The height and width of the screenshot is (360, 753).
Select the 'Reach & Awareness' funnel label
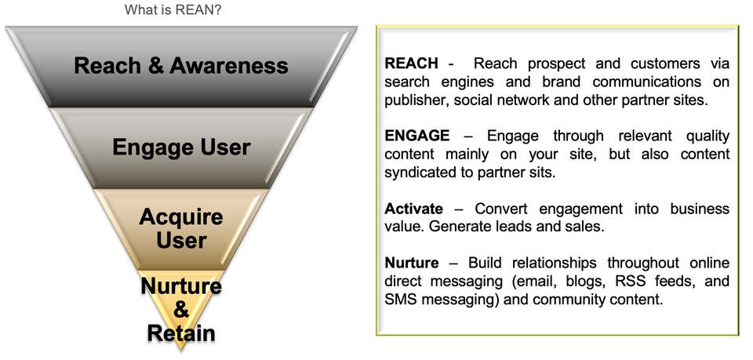pos(181,65)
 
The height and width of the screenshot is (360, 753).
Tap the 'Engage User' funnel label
pos(181,147)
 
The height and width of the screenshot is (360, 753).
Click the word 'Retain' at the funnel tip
pos(181,333)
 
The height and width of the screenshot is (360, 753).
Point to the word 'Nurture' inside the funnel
pos(181,287)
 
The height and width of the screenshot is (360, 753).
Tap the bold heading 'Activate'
pos(414,209)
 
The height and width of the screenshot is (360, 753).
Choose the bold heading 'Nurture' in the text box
pos(413,263)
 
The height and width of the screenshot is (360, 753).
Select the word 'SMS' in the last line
pos(402,299)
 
